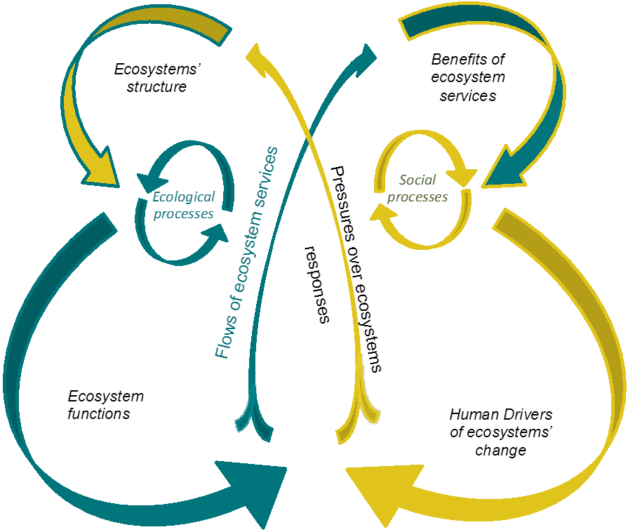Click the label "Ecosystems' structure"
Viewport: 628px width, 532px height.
tap(151, 78)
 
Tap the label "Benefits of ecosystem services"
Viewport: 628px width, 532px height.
tap(468, 77)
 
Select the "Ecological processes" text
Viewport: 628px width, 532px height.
tap(183, 206)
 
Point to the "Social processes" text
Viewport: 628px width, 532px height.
tap(417, 189)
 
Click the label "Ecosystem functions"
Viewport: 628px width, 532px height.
tap(105, 405)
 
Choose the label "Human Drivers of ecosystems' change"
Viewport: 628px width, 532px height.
tap(500, 432)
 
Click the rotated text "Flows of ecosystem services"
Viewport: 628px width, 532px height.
tap(247, 253)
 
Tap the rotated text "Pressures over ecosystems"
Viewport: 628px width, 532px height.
tap(356, 270)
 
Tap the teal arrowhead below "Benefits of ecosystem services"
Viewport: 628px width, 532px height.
tap(507, 168)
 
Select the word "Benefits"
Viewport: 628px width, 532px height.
tap(468, 60)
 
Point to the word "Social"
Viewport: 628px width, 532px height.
tap(417, 180)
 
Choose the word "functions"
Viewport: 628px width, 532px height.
tap(99, 414)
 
